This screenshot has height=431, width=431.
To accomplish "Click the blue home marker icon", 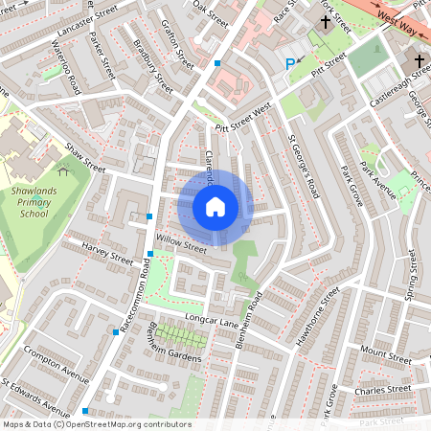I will coord(215,206).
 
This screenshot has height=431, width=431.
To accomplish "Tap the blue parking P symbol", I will coord(290,64).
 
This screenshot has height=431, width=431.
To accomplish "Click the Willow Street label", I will coord(182,246).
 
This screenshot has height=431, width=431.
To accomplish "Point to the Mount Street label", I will coord(386,357).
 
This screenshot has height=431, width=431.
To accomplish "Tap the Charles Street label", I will coord(382,389).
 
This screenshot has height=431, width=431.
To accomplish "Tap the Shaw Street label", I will coord(85,159).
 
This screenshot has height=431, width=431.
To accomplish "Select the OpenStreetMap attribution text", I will coord(97,424).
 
